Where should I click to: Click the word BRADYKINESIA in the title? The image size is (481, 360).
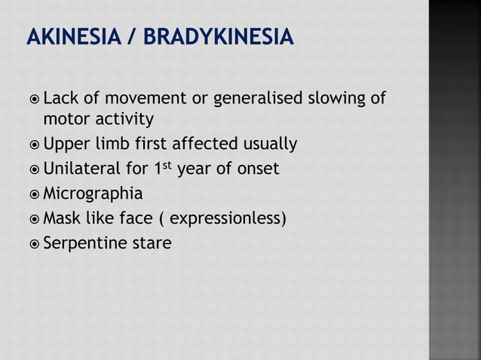click(216, 36)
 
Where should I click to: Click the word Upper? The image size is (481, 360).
click(66, 144)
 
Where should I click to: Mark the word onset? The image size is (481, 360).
click(257, 169)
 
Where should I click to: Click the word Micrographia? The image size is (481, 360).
click(93, 194)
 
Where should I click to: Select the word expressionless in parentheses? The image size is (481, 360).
click(227, 219)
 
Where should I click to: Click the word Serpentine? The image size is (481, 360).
click(83, 244)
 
